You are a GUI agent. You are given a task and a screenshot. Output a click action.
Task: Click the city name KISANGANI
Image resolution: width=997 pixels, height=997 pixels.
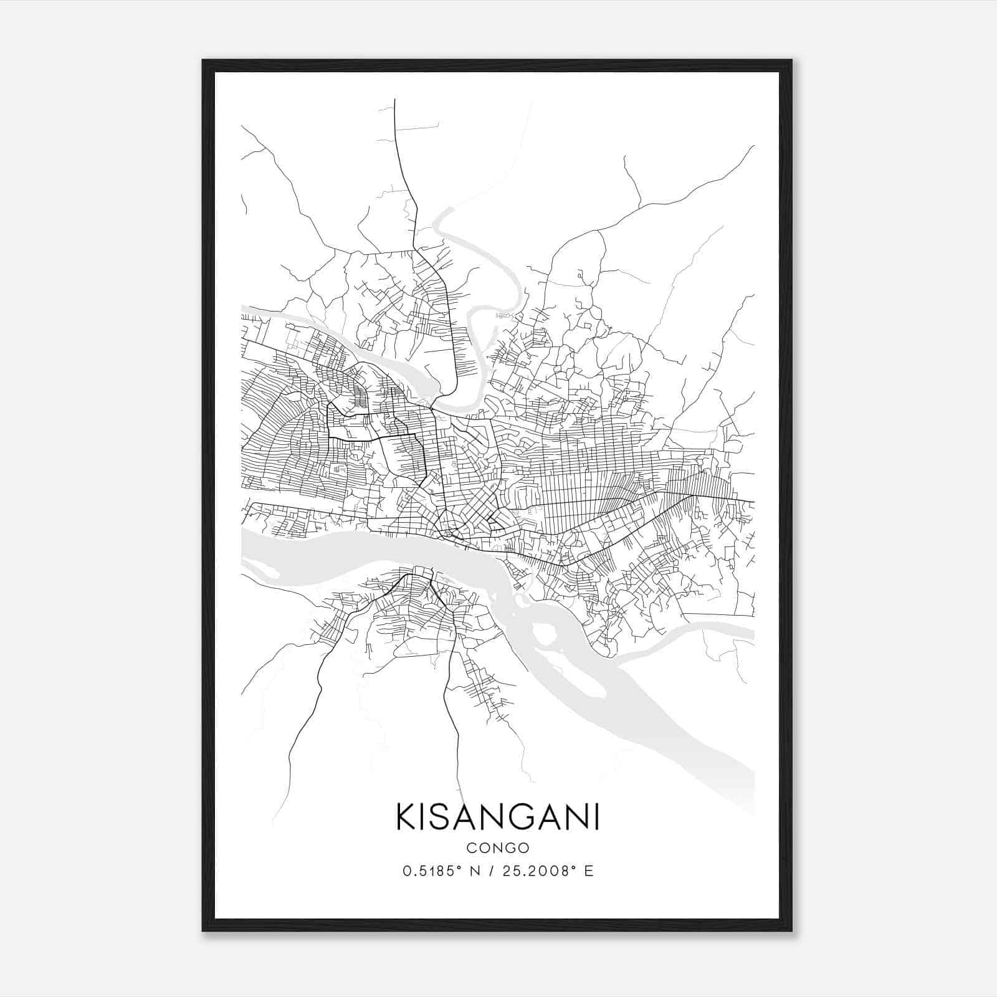498,817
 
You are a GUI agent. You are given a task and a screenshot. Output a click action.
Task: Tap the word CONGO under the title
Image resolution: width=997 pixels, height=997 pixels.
498,848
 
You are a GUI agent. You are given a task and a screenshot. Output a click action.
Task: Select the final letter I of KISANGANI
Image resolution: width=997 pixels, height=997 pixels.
597,817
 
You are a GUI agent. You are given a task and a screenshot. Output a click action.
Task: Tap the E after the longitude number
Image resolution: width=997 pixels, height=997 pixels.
589,871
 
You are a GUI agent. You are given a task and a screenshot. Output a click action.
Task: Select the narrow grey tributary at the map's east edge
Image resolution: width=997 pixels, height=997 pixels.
717,631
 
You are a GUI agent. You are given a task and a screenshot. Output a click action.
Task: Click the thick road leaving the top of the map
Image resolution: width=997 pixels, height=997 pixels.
397,143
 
